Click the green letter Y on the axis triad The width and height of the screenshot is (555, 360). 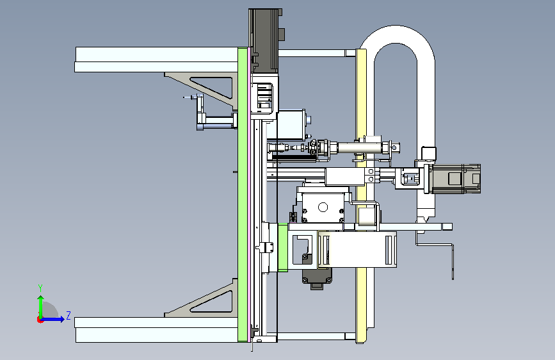click(40, 288)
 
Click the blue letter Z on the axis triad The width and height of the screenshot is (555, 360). click(68, 315)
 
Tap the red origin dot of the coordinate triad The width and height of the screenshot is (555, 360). click(40, 320)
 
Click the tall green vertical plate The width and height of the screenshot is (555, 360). click(243, 194)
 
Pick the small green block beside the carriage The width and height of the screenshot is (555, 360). click(283, 247)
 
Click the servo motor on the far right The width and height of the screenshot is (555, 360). click(456, 179)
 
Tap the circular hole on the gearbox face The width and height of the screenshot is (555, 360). click(323, 207)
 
